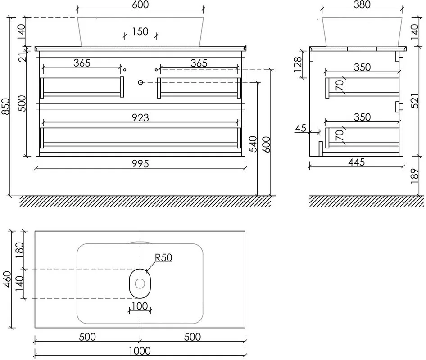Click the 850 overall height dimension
[5, 107]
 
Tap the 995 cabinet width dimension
[140, 164]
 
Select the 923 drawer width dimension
[140, 117]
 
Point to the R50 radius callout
[163, 257]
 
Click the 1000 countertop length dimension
[140, 351]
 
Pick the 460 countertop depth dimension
[7, 279]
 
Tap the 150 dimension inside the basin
[140, 31]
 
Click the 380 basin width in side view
[362, 4]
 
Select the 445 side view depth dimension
[357, 162]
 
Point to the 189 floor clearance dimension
[415, 176]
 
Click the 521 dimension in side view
[415, 101]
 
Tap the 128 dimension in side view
[298, 64]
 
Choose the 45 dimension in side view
[300, 128]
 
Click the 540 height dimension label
[253, 144]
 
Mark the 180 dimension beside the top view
[19, 250]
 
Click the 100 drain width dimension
[140, 306]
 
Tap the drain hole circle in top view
[140, 283]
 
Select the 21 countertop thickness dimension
[23, 57]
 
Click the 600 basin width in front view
[140, 4]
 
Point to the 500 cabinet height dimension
[22, 103]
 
